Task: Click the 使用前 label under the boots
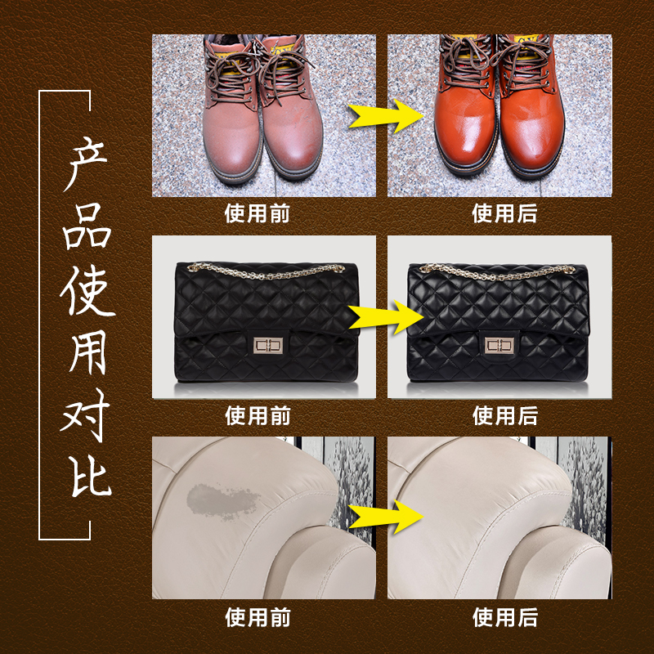[258, 214]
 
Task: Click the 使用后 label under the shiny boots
[504, 214]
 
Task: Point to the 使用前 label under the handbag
[258, 415]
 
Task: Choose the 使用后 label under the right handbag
[504, 415]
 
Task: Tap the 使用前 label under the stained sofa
[258, 616]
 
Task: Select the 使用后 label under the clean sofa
[504, 616]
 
